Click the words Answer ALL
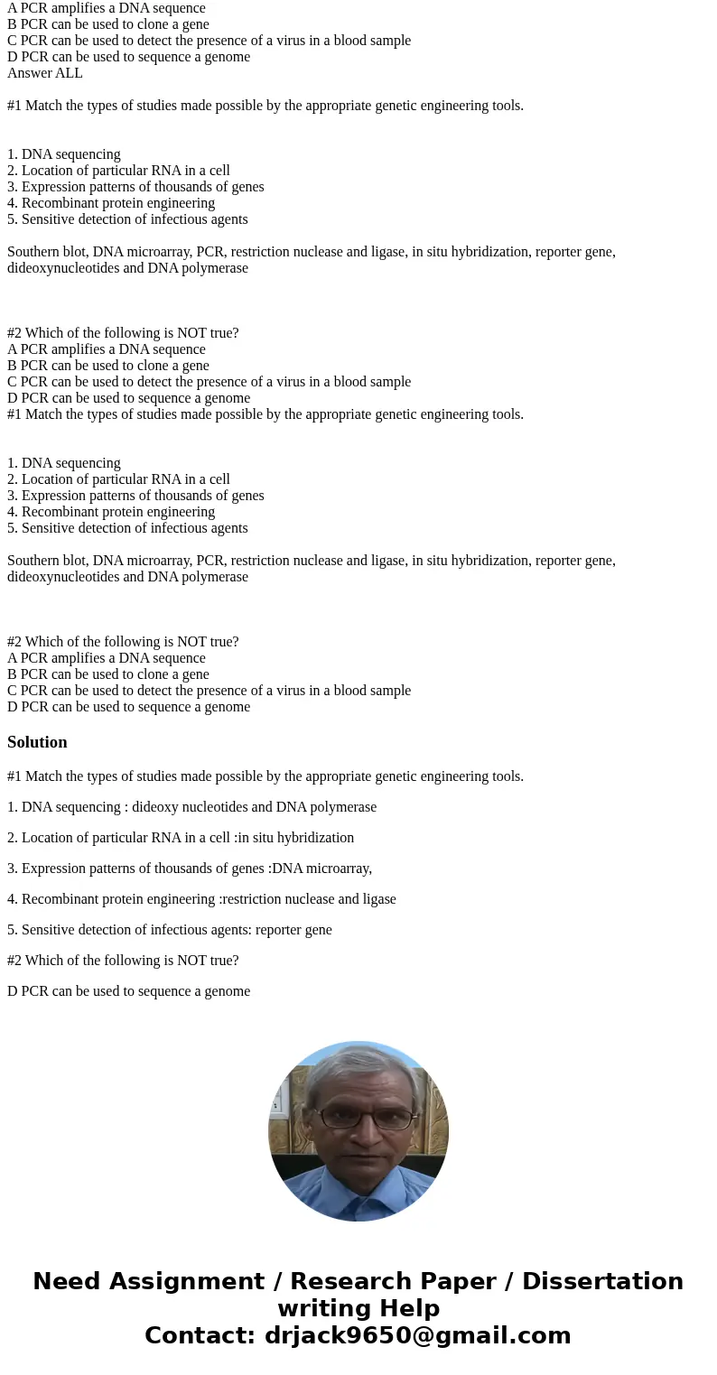pyautogui.click(x=45, y=73)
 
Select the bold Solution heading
pyautogui.click(x=37, y=742)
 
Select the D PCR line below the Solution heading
pyautogui.click(x=128, y=991)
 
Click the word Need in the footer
pyautogui.click(x=71, y=1282)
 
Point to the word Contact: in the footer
pyautogui.click(x=200, y=1336)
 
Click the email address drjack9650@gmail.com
pyautogui.click(x=418, y=1336)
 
